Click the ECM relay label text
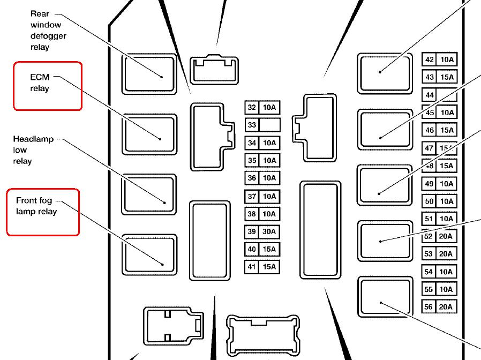tap(40, 82)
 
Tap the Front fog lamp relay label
tap(36, 206)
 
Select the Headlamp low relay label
tap(33, 150)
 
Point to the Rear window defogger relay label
tap(48, 31)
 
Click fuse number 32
tap(252, 108)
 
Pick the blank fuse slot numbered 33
tap(262, 125)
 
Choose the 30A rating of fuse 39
tap(269, 231)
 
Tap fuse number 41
tap(252, 267)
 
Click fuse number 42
tap(430, 59)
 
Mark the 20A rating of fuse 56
tap(446, 306)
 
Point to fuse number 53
tap(429, 254)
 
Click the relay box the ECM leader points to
tap(149, 134)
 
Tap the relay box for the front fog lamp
tap(149, 254)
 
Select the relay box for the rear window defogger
tap(149, 74)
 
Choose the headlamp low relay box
tap(149, 194)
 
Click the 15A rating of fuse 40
tap(269, 249)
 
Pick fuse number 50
tap(429, 201)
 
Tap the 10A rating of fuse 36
tap(269, 178)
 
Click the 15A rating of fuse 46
tap(447, 130)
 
